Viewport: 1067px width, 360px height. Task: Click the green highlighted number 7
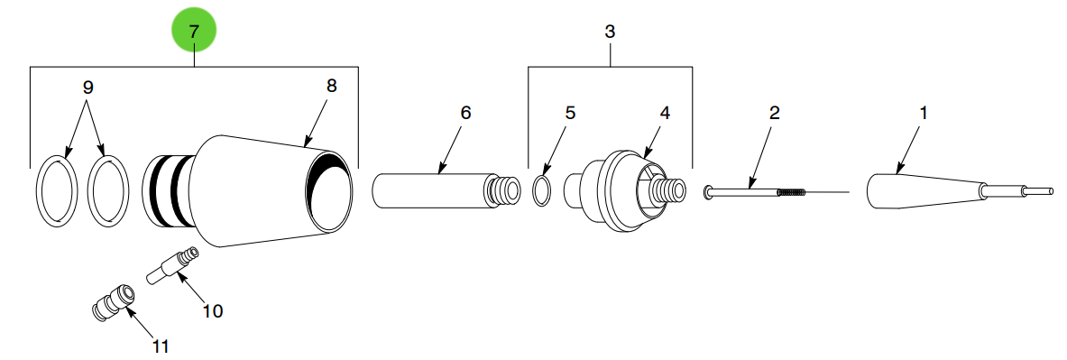194,32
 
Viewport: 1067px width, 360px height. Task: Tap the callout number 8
331,86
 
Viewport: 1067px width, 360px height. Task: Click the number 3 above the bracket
610,31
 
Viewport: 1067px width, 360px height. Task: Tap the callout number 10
213,311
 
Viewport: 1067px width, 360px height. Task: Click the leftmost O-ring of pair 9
57,192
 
